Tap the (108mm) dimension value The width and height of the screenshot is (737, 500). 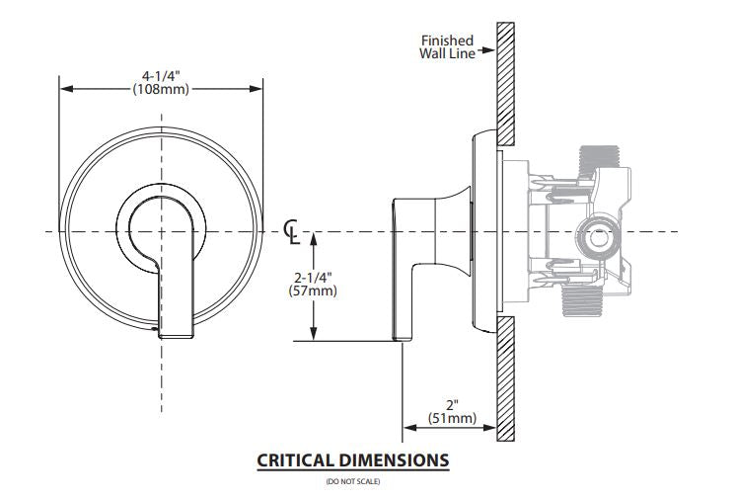point(162,88)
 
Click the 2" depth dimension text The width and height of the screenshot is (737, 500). point(452,404)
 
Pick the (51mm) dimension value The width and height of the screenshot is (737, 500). point(452,418)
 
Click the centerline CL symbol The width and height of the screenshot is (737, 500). point(292,230)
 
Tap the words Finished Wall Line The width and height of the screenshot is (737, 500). point(447,46)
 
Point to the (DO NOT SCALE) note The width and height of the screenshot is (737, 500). point(352,482)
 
